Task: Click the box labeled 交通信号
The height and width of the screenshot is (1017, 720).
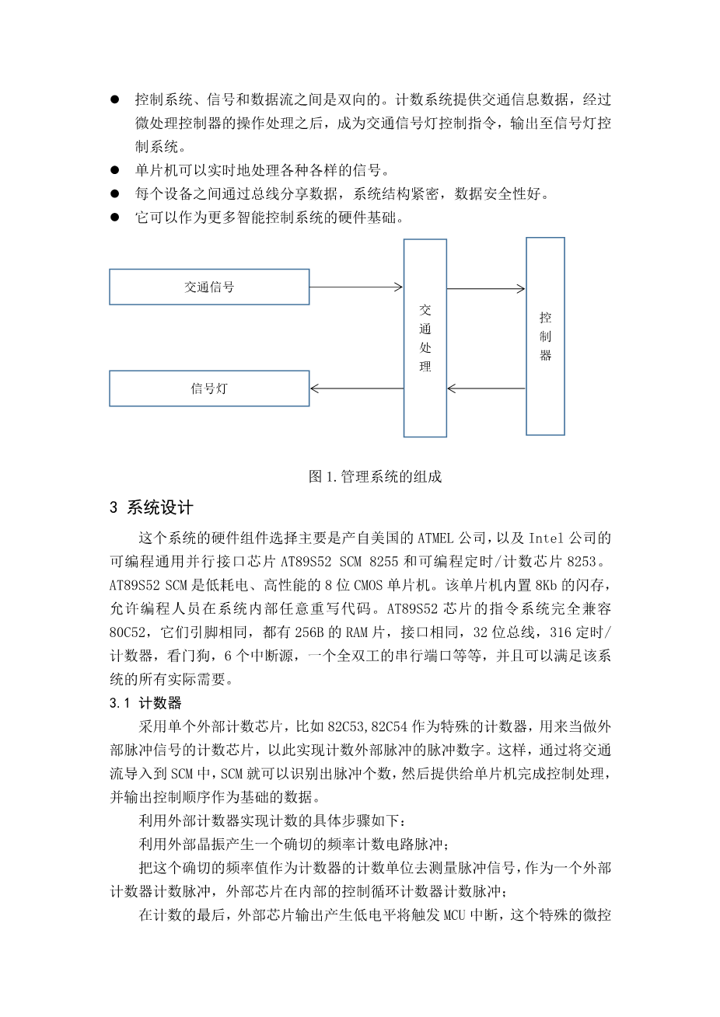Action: coord(209,287)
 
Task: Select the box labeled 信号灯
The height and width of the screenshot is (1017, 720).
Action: coord(209,388)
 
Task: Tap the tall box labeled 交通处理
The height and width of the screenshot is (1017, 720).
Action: coord(425,338)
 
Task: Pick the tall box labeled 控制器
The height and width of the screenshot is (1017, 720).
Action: coord(545,336)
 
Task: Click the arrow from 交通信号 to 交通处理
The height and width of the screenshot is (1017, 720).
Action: coord(356,287)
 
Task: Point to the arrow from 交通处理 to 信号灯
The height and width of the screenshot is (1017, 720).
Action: coord(356,388)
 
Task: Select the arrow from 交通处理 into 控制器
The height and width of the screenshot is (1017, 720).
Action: coord(486,289)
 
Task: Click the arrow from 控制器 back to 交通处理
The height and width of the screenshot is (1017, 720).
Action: coord(486,388)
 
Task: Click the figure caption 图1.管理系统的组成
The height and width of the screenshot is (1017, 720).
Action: coord(375,476)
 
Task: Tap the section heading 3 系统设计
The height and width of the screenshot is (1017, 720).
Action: coord(151,508)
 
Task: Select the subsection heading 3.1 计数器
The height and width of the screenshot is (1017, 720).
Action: coord(145,703)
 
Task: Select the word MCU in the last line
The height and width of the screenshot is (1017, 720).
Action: coord(455,915)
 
